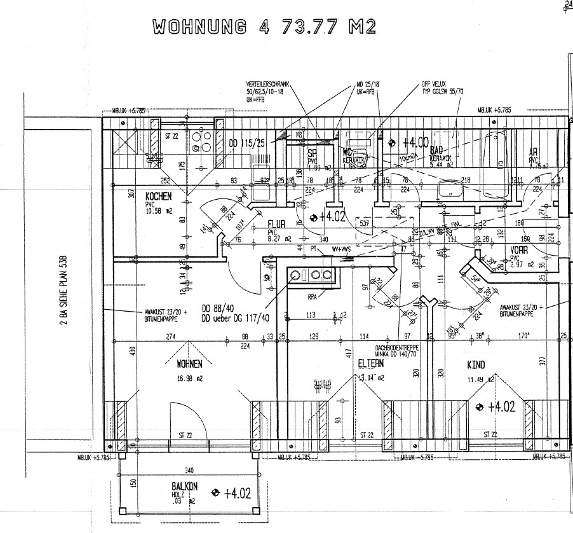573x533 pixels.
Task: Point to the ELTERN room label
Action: point(370,364)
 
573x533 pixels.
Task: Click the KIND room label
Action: point(476,365)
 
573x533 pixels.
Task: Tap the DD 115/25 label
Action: point(247,143)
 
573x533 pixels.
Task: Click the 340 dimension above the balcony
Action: point(189,471)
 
